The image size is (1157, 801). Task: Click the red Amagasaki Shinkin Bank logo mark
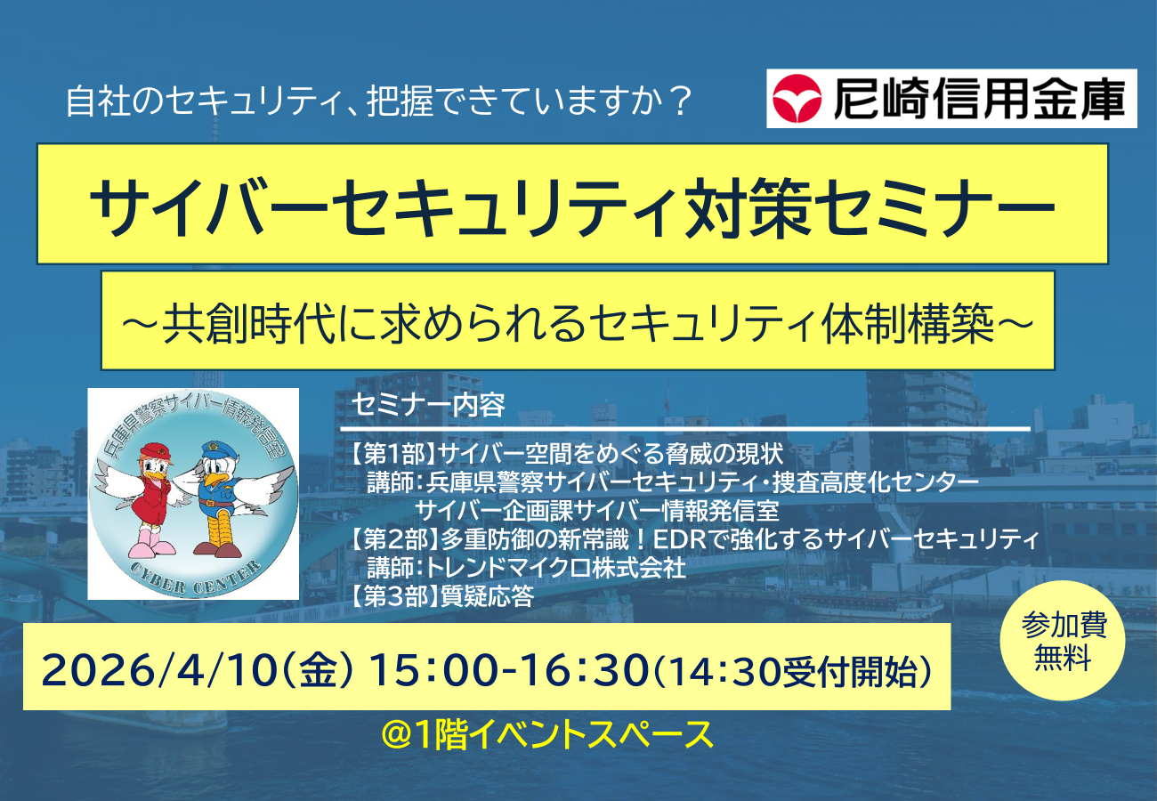[x=797, y=99]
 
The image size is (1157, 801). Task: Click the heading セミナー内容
[x=428, y=405]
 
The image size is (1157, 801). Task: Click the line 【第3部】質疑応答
[x=442, y=596]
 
